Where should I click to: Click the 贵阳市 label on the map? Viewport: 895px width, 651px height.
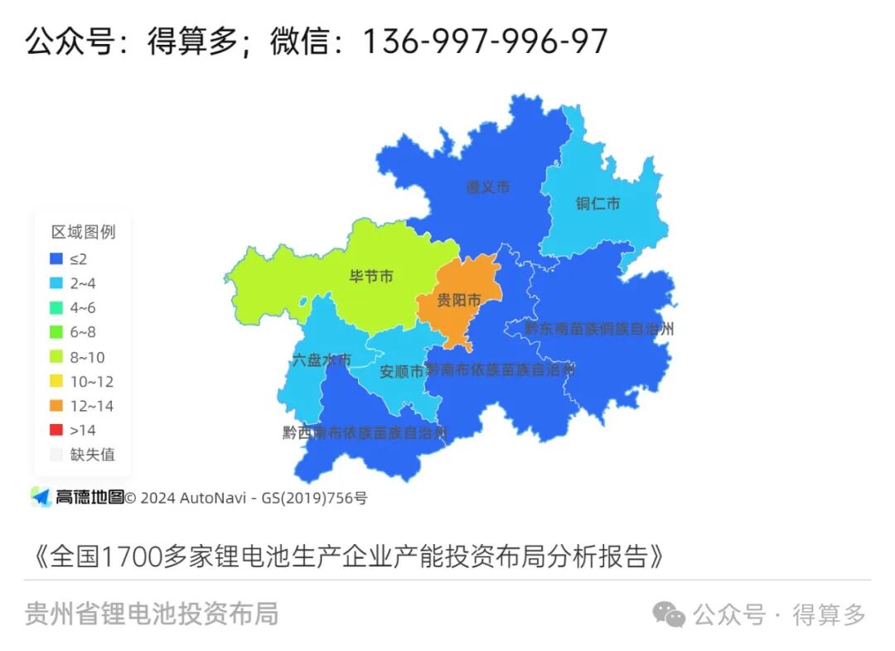tap(458, 300)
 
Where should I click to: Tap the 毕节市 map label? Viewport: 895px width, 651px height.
tap(371, 276)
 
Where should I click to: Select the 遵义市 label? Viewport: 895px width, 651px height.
tap(487, 187)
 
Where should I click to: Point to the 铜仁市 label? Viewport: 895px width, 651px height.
tap(597, 203)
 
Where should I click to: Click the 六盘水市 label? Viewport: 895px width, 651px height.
tap(322, 360)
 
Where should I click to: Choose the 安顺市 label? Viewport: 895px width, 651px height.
tap(401, 372)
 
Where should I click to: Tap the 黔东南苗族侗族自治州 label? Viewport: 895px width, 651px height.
tap(598, 329)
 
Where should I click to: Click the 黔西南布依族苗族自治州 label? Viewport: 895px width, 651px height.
tap(365, 432)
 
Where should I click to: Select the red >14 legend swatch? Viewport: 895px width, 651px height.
tap(56, 430)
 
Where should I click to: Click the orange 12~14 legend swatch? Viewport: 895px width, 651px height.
tap(56, 406)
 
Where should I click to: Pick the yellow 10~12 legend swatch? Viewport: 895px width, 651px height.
tap(56, 382)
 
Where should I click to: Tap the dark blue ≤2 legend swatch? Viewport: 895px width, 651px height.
tap(56, 258)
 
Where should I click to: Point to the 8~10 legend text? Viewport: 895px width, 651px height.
tap(88, 357)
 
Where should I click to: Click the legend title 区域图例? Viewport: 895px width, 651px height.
tap(83, 231)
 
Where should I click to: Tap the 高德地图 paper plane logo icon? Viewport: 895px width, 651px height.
tap(41, 497)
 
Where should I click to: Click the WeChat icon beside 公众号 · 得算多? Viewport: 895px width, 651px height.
tap(669, 615)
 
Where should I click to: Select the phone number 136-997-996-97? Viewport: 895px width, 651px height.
tap(485, 41)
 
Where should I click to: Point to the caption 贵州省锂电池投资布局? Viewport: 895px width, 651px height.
tap(152, 614)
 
